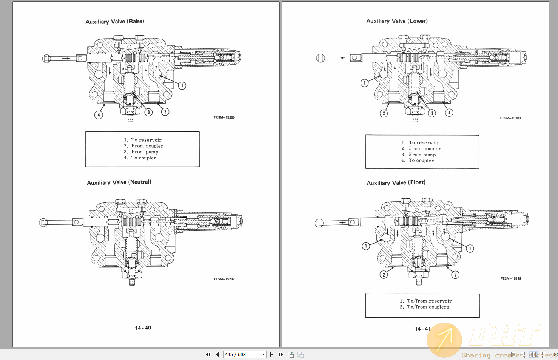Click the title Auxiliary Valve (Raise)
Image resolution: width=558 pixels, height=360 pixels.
(x=115, y=22)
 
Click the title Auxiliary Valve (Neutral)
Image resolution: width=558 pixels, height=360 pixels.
(x=119, y=182)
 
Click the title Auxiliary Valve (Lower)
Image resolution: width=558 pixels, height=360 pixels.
(x=397, y=21)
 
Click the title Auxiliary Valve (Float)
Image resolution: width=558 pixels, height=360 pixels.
(x=396, y=183)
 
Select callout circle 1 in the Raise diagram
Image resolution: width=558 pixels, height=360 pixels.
(x=182, y=86)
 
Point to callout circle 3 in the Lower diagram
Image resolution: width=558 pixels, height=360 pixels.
(x=432, y=113)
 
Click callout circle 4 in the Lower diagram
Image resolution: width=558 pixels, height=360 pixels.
(x=449, y=113)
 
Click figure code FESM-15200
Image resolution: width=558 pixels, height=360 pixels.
(x=224, y=117)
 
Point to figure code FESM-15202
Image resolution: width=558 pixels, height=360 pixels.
(x=224, y=279)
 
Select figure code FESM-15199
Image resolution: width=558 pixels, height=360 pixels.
(x=511, y=278)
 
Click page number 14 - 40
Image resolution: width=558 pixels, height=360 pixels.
(x=143, y=328)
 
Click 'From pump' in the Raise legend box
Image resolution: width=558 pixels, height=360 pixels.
(x=145, y=152)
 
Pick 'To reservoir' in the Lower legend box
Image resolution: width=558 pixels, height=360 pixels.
(x=424, y=143)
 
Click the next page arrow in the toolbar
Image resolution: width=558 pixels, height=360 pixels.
(x=271, y=354)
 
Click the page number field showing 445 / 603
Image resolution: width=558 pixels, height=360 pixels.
(x=242, y=354)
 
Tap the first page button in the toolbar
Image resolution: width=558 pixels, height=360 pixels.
(x=208, y=354)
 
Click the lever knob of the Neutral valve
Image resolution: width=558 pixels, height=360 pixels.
(x=43, y=222)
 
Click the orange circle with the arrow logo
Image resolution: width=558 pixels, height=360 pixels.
(x=444, y=340)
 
